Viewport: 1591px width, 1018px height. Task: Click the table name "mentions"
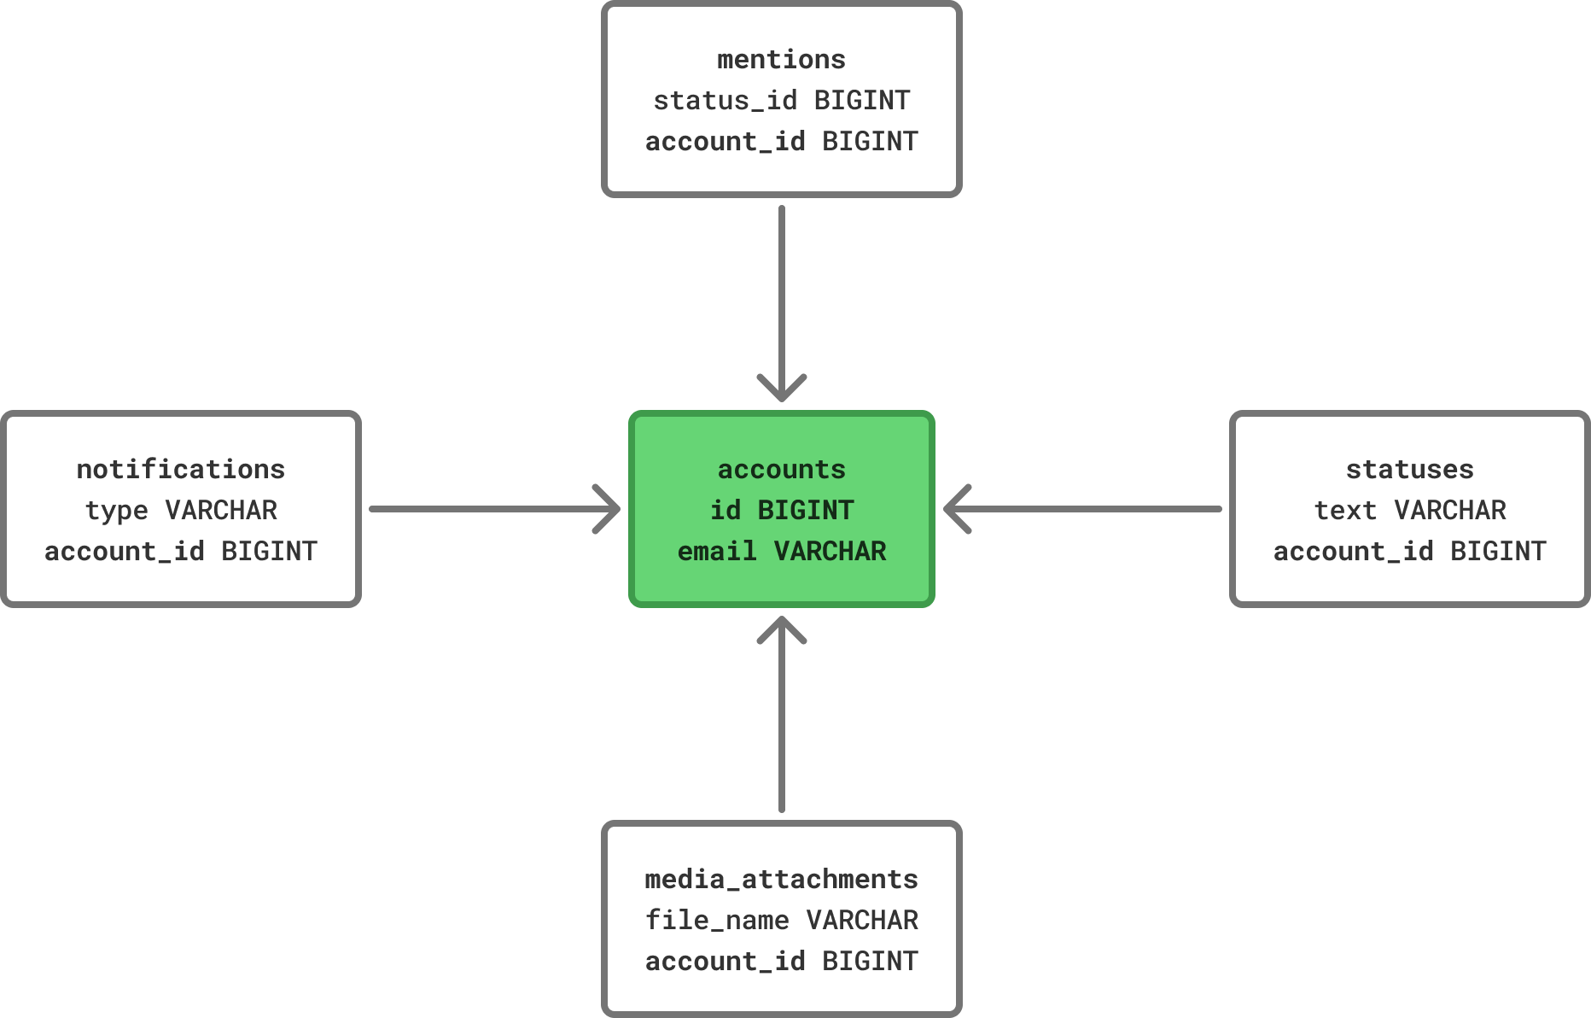point(781,60)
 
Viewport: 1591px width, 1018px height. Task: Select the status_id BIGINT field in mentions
point(781,101)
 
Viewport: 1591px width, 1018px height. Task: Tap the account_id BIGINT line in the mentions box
point(781,142)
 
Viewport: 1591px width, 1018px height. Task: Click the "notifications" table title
point(181,470)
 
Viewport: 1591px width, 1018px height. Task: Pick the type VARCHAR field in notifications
point(181,511)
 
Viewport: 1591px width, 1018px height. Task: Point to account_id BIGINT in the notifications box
point(181,552)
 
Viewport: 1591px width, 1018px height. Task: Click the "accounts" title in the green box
point(781,470)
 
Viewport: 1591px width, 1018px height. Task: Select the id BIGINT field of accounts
point(781,511)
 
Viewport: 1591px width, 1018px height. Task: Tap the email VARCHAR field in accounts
point(781,552)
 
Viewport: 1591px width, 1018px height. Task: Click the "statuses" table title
point(1409,470)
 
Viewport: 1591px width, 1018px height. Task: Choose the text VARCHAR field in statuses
point(1409,511)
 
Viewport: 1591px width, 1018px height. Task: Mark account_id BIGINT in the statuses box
point(1409,552)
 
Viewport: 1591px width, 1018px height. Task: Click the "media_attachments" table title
point(781,880)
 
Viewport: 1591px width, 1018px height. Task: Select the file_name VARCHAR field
point(781,921)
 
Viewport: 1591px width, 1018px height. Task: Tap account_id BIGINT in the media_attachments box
point(781,962)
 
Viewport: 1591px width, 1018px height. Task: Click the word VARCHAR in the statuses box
point(1449,511)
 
